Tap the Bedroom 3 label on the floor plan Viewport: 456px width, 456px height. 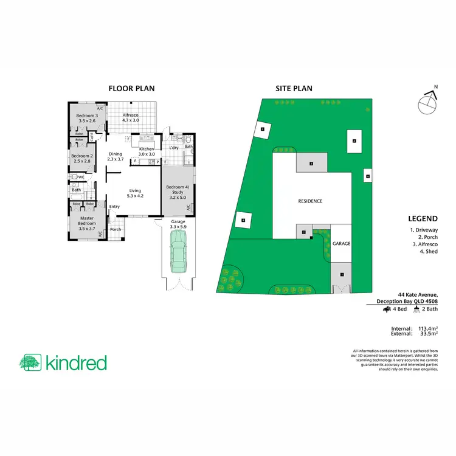pos(87,116)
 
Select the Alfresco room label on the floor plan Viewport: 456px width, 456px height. pos(131,116)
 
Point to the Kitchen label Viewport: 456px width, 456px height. pos(147,149)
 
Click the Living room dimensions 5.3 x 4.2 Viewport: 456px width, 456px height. pos(134,196)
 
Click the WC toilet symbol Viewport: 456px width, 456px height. pos(74,178)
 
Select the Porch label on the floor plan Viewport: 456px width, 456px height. pos(116,229)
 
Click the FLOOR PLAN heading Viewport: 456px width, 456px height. pos(131,88)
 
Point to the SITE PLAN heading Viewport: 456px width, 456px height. pos(294,88)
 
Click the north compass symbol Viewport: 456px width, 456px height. pos(427,105)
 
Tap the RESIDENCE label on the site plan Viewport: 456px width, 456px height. pos(310,201)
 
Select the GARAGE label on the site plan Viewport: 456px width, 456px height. pos(341,243)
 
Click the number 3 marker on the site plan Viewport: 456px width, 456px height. pos(311,164)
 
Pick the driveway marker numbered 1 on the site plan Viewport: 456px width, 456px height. pos(342,275)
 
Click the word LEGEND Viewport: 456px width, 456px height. pos(424,219)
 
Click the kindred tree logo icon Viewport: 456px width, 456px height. pos(30,363)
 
